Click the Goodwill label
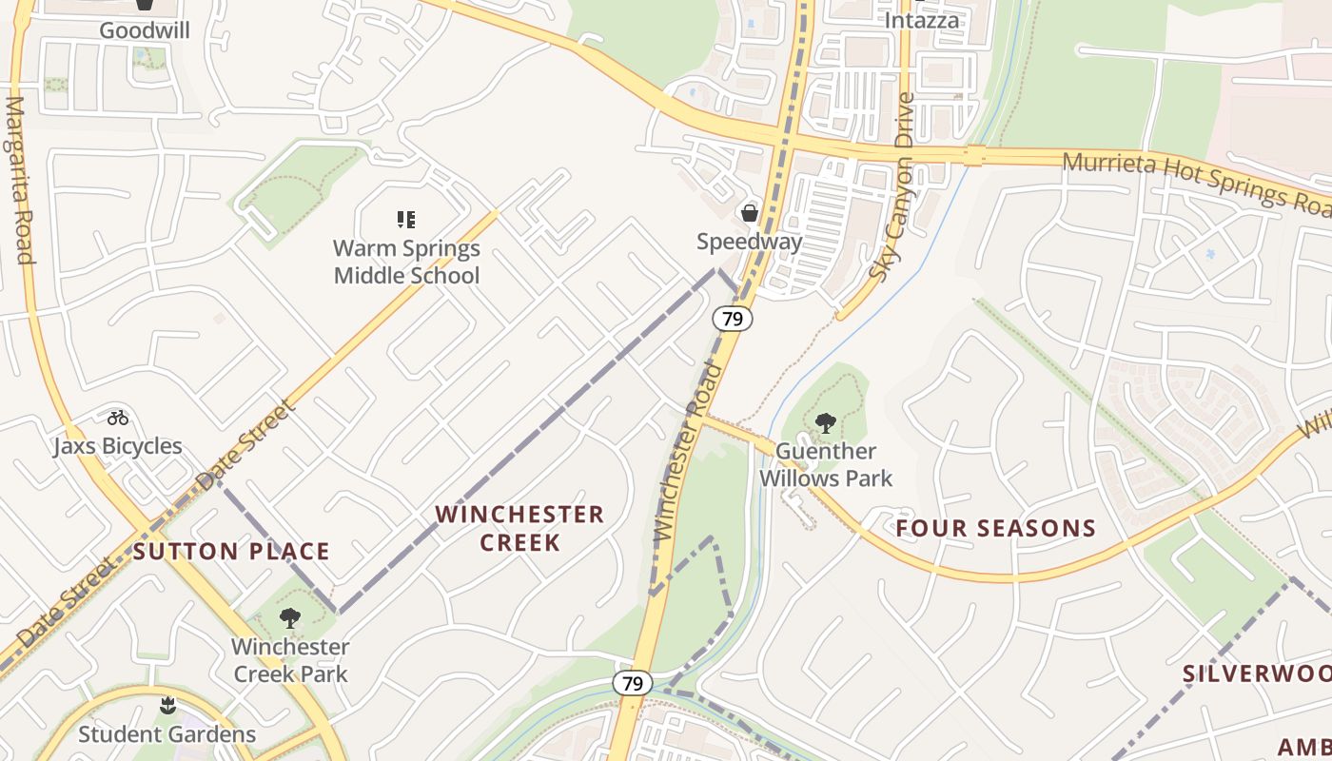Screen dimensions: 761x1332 (x=145, y=30)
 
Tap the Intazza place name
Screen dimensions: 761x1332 (x=922, y=20)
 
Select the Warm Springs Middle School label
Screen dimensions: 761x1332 (x=406, y=263)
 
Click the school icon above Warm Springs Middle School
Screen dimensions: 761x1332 (x=406, y=221)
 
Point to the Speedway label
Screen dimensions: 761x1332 (x=749, y=242)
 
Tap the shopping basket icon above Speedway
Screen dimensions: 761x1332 (x=750, y=212)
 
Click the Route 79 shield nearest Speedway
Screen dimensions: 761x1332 (x=733, y=319)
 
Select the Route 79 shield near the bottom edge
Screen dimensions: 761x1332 (x=632, y=683)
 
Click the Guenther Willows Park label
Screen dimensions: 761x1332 (x=825, y=464)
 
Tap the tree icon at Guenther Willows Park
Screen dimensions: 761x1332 (x=826, y=422)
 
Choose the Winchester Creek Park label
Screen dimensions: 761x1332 (x=290, y=660)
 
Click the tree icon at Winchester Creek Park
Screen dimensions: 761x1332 (x=290, y=618)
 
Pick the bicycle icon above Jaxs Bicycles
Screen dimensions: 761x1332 (x=118, y=418)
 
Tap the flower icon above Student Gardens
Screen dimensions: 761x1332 (x=167, y=705)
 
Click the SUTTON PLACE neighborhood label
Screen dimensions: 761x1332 (x=231, y=552)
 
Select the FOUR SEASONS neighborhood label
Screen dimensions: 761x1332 (x=996, y=528)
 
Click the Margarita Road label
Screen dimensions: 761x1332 (x=19, y=180)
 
